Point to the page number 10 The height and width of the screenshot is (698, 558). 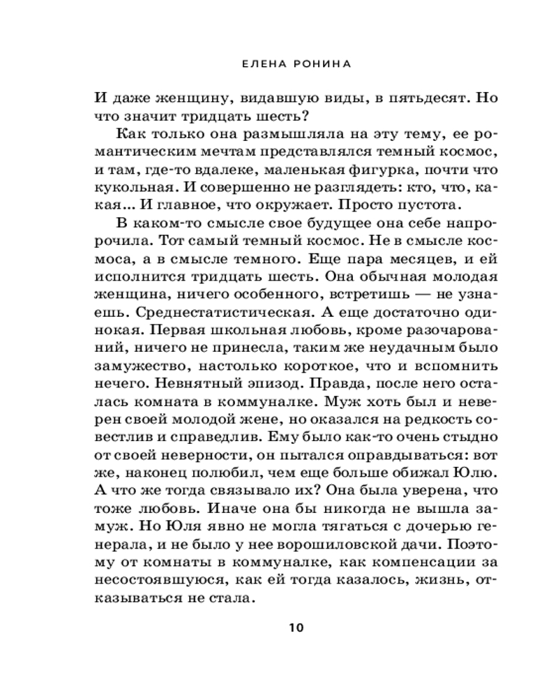(296, 626)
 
